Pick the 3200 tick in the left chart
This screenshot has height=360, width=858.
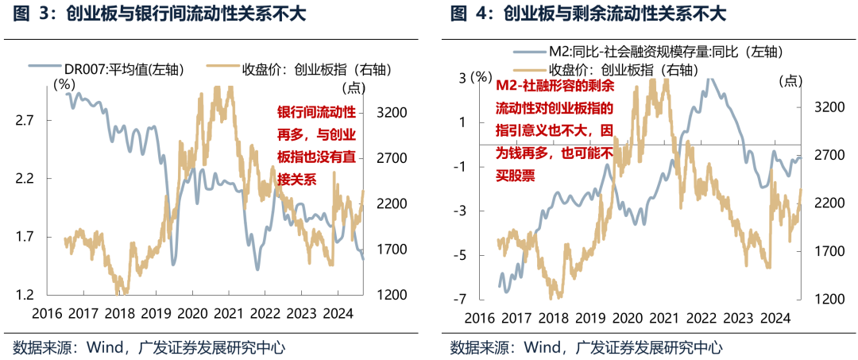(391, 113)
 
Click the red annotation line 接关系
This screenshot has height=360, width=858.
(296, 180)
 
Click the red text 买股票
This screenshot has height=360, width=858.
(515, 175)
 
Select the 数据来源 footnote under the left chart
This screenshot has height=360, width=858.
(149, 347)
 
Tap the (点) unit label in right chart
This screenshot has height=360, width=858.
(790, 79)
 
